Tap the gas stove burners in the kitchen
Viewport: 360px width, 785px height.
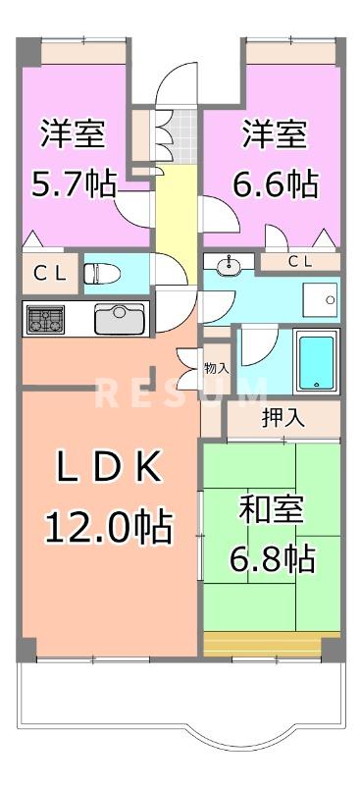[44, 319]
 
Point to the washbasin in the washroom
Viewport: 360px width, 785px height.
[229, 263]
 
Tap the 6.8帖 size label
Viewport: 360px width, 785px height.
[272, 559]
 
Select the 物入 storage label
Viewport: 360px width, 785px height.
[216, 369]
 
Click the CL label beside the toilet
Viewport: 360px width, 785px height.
[48, 275]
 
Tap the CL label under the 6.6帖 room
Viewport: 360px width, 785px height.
[300, 261]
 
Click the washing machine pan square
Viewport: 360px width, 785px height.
[319, 296]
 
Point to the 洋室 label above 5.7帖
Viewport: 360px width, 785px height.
[74, 133]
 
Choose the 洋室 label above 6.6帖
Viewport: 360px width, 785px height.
[276, 133]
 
